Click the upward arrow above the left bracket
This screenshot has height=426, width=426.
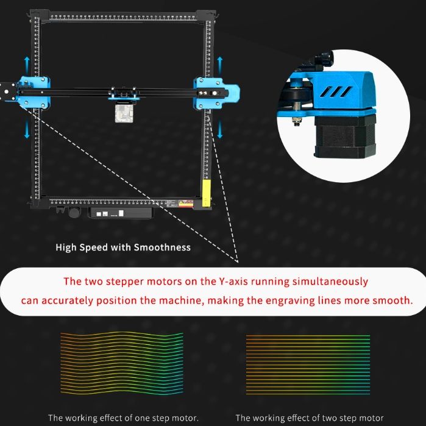[27, 63]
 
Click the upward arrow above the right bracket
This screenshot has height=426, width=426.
[220, 63]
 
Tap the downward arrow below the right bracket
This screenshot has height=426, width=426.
[220, 129]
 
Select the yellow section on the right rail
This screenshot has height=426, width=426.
[207, 193]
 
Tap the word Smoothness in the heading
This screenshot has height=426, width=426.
[162, 247]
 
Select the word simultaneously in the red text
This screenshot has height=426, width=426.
[334, 282]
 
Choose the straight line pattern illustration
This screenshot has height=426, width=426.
[308, 364]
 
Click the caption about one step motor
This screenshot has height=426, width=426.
[123, 418]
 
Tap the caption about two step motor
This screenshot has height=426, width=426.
[310, 418]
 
